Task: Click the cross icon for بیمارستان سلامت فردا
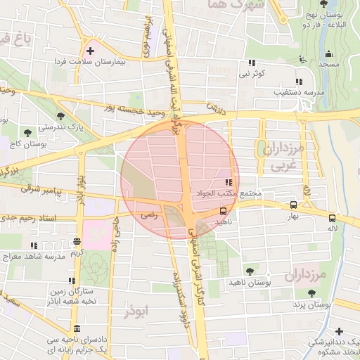click(89, 51)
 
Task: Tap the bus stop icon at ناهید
click(224, 210)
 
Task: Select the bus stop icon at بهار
click(293, 205)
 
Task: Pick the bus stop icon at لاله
click(332, 217)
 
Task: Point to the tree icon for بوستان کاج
click(27, 132)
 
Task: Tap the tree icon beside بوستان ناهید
click(250, 271)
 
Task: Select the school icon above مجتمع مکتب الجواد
click(226, 183)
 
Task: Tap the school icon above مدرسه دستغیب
click(300, 81)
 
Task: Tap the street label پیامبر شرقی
click(41, 191)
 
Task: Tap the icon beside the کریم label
click(76, 242)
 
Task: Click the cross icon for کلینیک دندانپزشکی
click(340, 331)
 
